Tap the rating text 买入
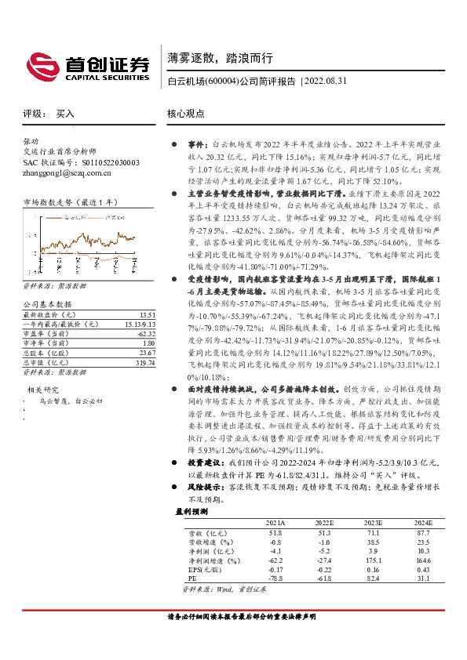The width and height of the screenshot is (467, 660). pyautogui.click(x=65, y=114)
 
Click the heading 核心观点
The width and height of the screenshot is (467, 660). pyautogui.click(x=186, y=114)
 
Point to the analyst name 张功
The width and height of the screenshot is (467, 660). pyautogui.click(x=31, y=142)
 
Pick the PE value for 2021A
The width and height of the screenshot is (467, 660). pyautogui.click(x=275, y=578)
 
